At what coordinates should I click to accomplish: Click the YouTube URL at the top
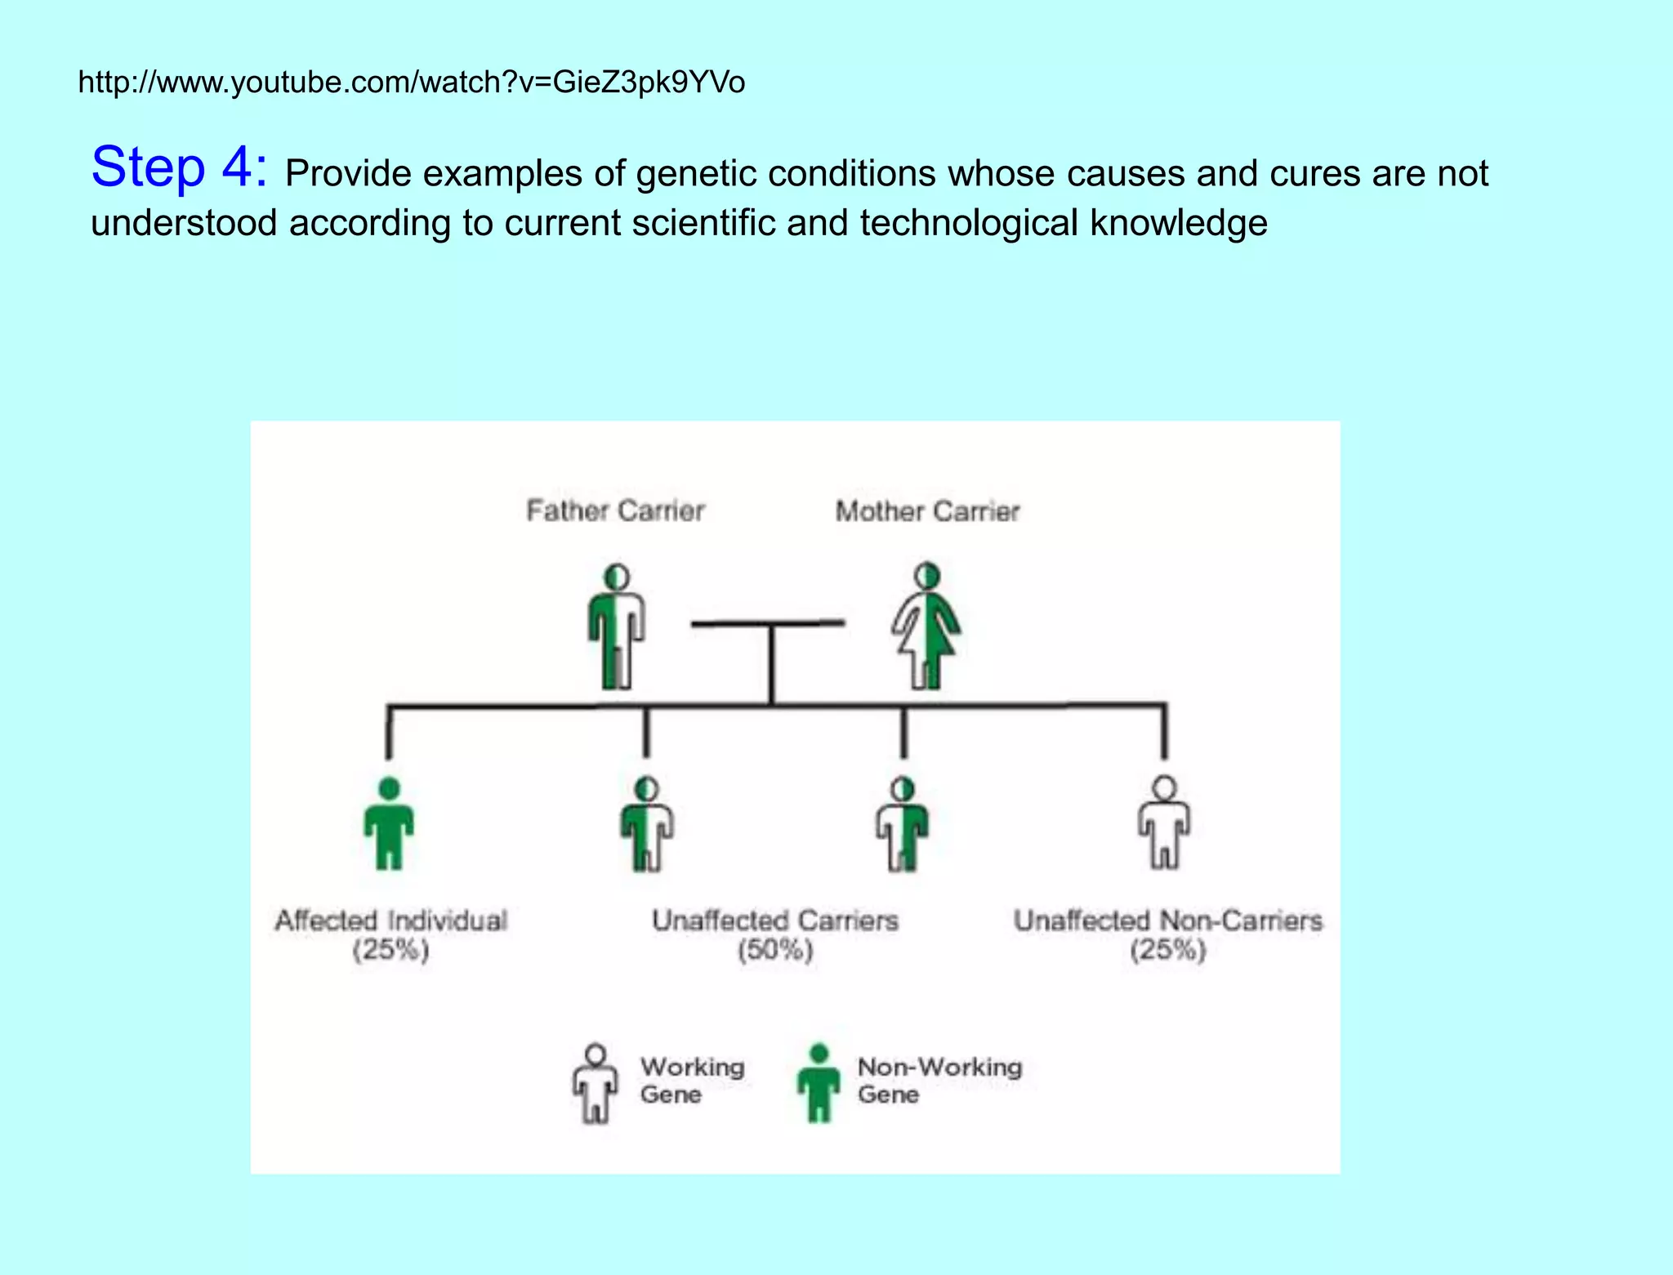[411, 82]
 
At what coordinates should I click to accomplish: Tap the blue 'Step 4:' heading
[179, 167]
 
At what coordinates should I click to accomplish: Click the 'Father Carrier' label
[615, 510]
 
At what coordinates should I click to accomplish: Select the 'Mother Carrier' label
[927, 511]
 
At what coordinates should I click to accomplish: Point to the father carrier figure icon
[617, 626]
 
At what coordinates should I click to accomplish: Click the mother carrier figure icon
[926, 626]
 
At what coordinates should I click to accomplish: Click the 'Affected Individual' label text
[391, 921]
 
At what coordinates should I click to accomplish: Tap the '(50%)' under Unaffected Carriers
[775, 951]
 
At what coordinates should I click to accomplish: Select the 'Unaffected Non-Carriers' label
[1168, 921]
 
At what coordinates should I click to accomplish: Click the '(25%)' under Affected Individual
[391, 951]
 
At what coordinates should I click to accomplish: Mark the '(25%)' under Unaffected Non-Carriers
[1168, 951]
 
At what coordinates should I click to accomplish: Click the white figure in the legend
[596, 1083]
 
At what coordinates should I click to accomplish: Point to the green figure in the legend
[819, 1083]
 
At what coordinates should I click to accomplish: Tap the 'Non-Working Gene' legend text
[939, 1080]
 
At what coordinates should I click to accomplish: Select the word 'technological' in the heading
[969, 223]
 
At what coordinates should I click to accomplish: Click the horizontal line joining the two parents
[768, 624]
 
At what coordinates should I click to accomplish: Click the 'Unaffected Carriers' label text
[775, 921]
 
